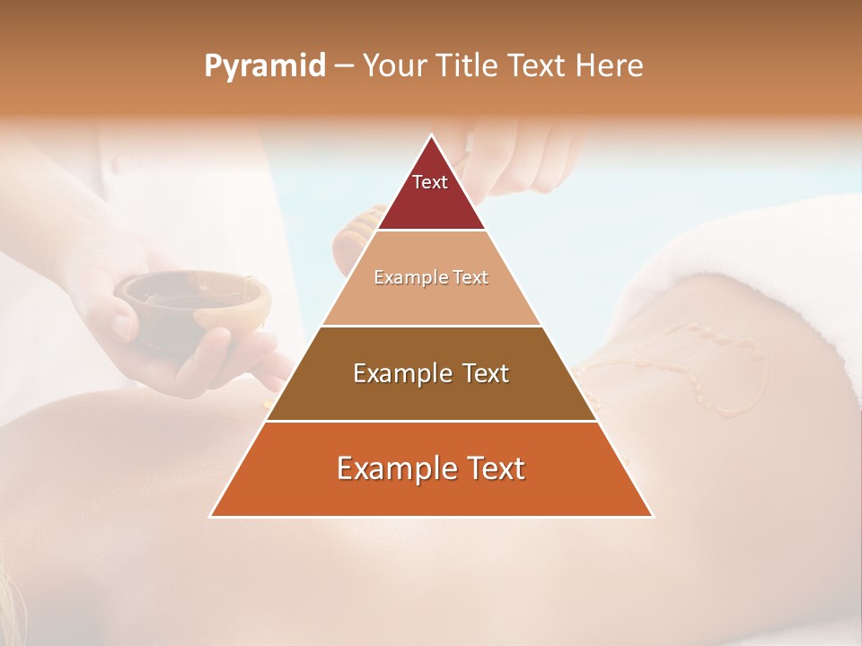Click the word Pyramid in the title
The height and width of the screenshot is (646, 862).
coord(264,66)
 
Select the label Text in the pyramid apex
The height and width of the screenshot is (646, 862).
coord(430,182)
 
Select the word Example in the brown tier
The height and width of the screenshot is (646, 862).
coord(400,373)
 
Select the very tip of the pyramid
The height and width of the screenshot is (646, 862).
coord(431,136)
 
